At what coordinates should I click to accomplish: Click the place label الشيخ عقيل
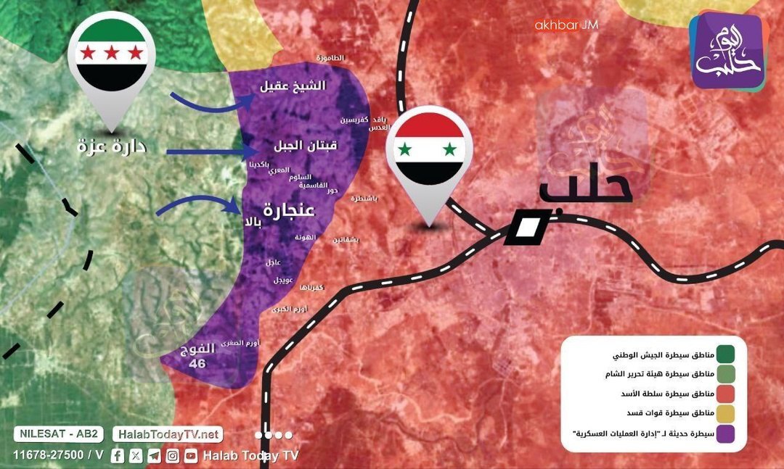coord(293,86)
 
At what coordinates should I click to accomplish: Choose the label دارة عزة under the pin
coord(112,146)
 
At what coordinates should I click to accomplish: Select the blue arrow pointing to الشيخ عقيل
coord(211,101)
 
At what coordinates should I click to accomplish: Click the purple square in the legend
coord(724,435)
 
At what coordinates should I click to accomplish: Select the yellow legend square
coord(724,415)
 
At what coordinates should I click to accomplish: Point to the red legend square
coord(724,394)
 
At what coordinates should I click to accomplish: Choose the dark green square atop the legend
coord(724,354)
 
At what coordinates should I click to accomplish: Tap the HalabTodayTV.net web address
coord(167,435)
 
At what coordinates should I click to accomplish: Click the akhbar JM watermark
coord(565,25)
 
